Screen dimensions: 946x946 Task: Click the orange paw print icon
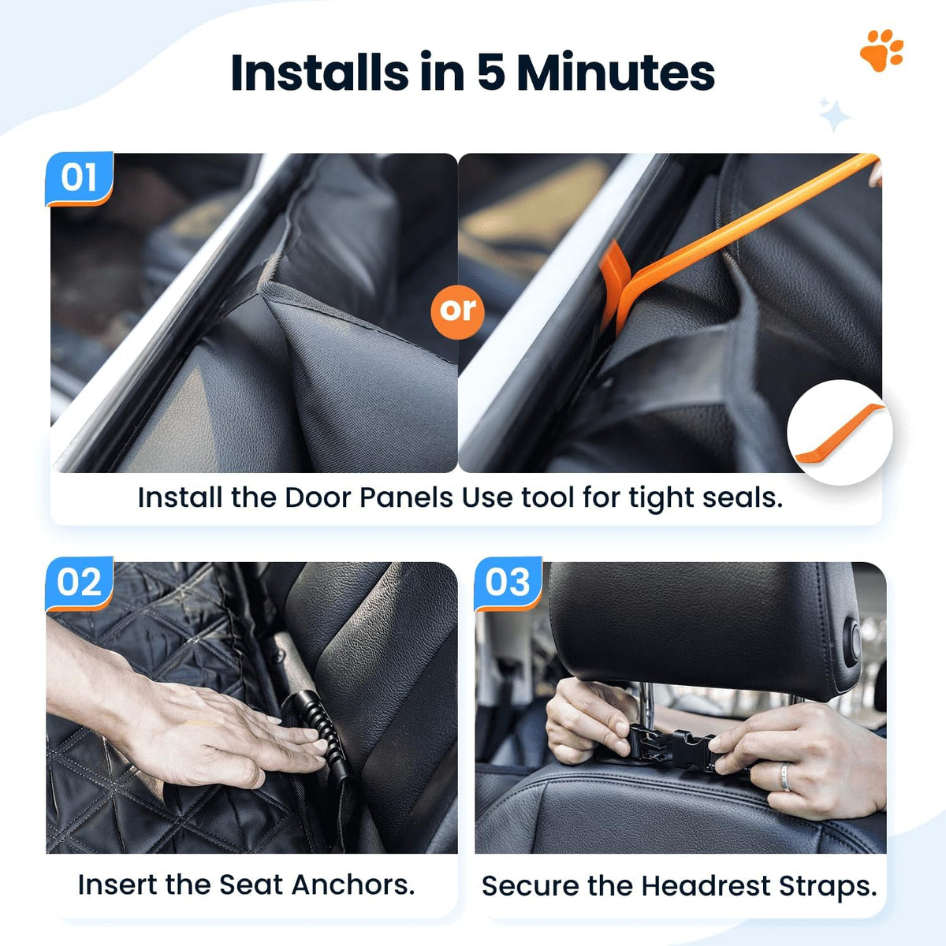pos(881,50)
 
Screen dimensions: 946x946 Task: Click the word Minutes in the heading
pos(616,73)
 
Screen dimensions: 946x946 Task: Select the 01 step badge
pos(80,179)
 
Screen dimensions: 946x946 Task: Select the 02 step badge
pos(80,583)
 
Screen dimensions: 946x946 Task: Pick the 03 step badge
pos(508,583)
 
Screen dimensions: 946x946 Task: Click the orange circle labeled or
pos(457,311)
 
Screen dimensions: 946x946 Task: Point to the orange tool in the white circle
pos(839,434)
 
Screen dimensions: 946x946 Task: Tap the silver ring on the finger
pos(785,777)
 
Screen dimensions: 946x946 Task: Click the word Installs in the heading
pos(319,73)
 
